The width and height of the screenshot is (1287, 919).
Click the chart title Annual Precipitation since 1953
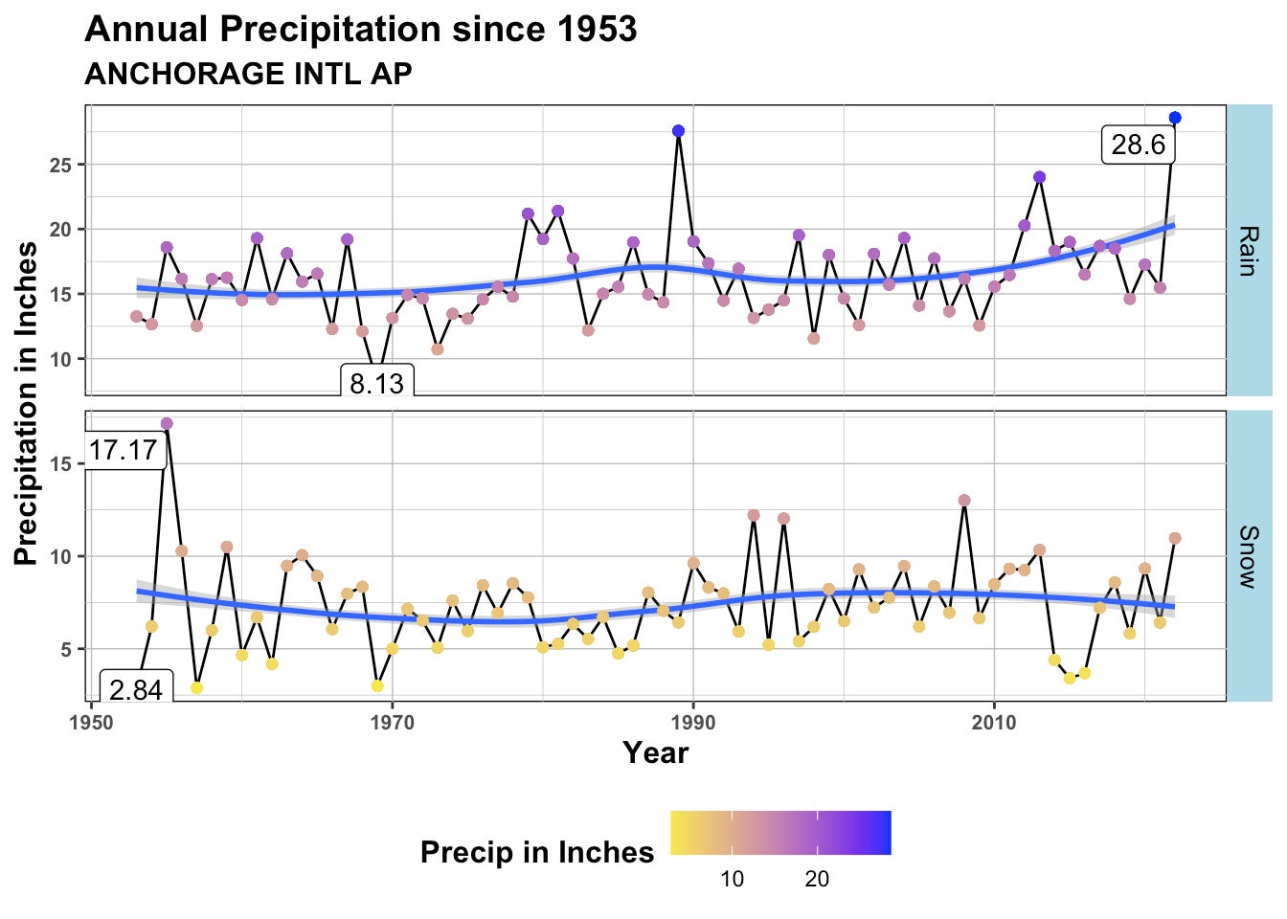pos(360,30)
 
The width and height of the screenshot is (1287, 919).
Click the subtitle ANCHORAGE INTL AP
pos(248,74)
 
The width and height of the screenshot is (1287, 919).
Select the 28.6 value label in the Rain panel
pos(1138,145)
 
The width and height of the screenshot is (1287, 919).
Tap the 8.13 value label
pos(376,383)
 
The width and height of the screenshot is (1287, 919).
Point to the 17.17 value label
pos(124,449)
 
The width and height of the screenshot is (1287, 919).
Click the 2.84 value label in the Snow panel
pos(136,689)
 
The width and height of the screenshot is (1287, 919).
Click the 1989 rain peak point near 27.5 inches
pos(678,131)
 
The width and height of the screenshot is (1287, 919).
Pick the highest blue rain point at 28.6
pos(1175,118)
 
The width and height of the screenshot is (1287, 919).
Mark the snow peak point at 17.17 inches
pos(167,423)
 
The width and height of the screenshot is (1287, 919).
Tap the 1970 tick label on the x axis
pos(392,722)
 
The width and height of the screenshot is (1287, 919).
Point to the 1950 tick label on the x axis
pos(91,722)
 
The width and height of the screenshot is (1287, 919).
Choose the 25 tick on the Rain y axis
pos(61,165)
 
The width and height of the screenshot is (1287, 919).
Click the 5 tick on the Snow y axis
pos(67,649)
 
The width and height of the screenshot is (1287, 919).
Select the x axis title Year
pos(655,753)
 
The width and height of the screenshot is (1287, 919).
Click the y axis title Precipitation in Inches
pos(26,403)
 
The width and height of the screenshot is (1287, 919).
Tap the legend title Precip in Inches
pos(536,852)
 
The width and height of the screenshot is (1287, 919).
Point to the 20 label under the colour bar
pos(817,879)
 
